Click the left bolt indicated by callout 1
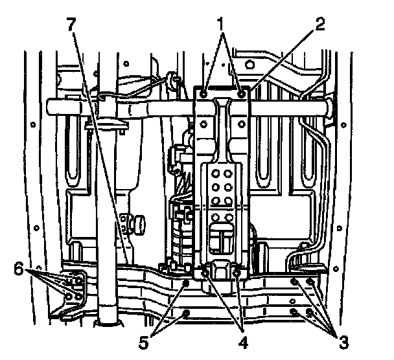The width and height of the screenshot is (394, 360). point(205,95)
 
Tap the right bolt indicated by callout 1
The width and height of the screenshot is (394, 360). point(241,95)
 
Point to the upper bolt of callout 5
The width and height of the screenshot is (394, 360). point(187,283)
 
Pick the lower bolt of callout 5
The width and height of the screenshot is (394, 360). point(187,313)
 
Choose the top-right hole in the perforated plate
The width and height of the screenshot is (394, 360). point(231,172)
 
